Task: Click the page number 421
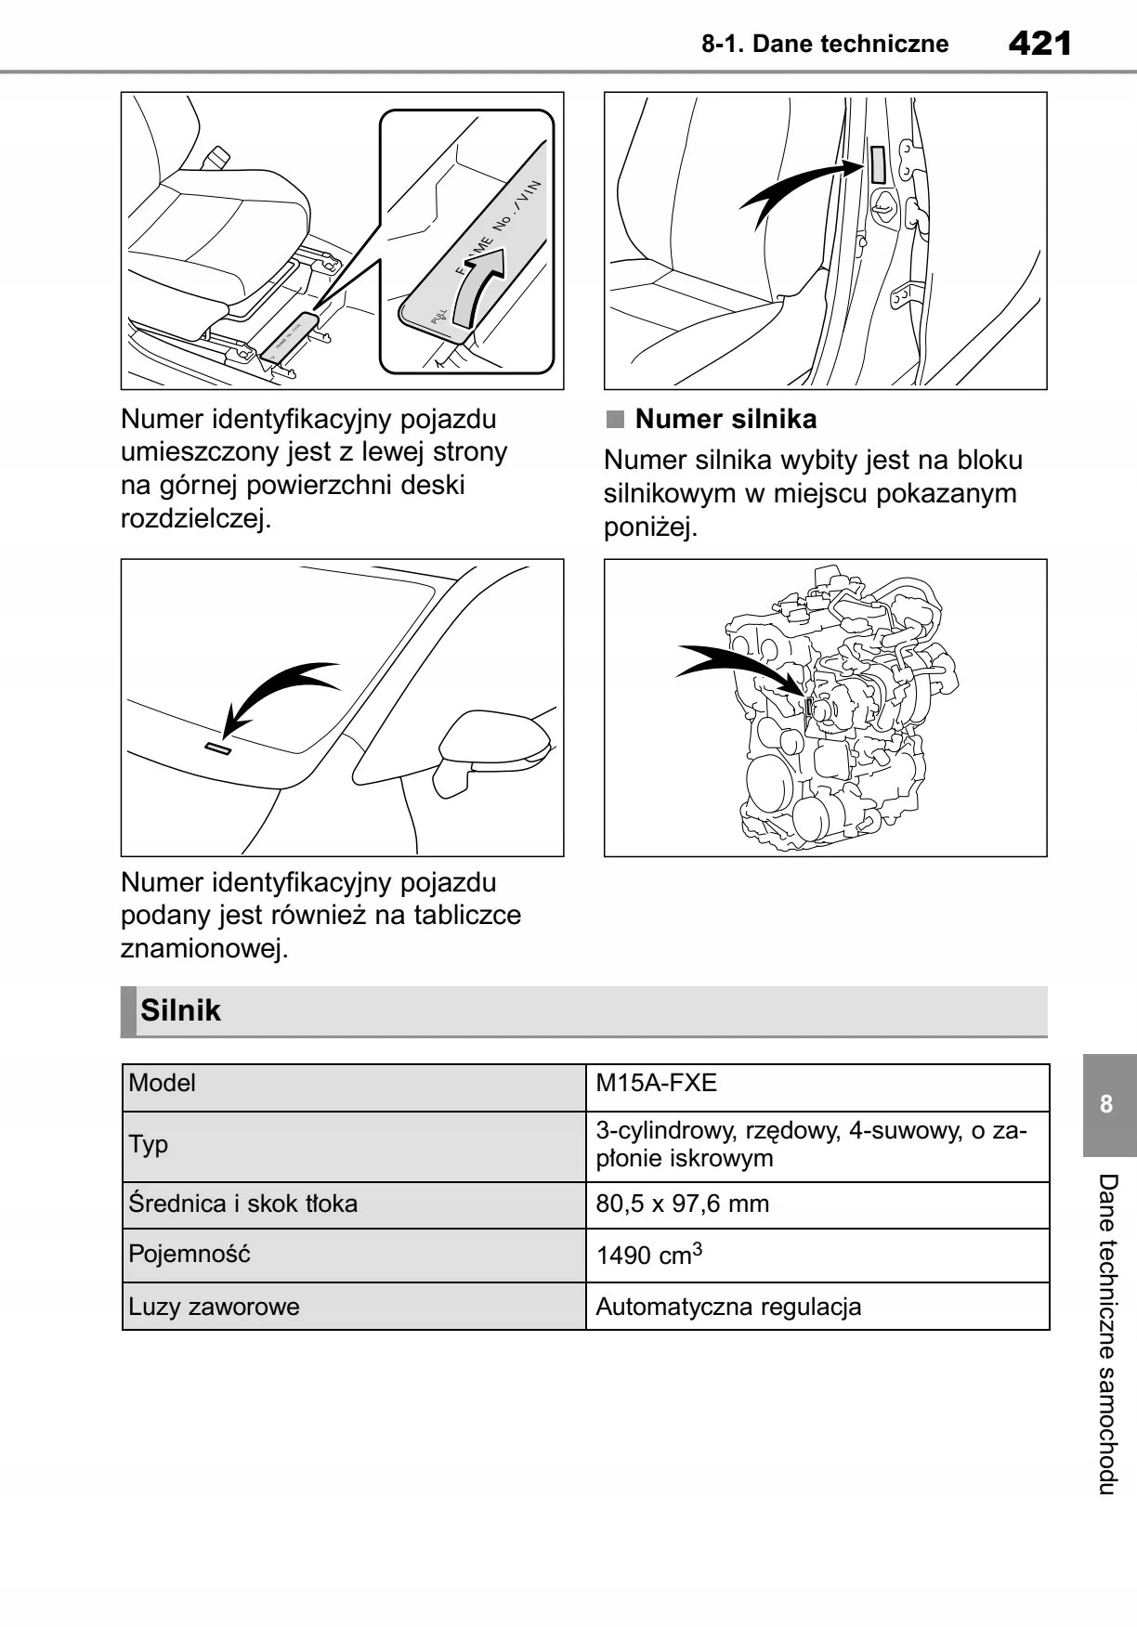(x=1039, y=43)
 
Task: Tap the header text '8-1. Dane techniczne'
(x=825, y=44)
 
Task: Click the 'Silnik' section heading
(x=181, y=1010)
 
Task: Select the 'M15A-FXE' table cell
(x=657, y=1083)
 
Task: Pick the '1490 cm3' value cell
(x=648, y=1256)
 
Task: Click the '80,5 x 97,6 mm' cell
(x=682, y=1204)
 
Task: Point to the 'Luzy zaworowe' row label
(x=214, y=1307)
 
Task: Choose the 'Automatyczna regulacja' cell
(x=728, y=1307)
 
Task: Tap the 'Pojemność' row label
(x=189, y=1255)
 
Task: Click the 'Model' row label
(x=163, y=1083)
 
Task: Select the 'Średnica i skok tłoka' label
(x=242, y=1204)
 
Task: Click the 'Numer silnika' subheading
(x=725, y=420)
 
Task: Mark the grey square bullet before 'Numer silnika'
(x=615, y=420)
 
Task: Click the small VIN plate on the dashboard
(x=218, y=748)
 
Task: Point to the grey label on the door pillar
(x=877, y=163)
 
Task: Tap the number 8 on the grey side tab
(x=1106, y=1104)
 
